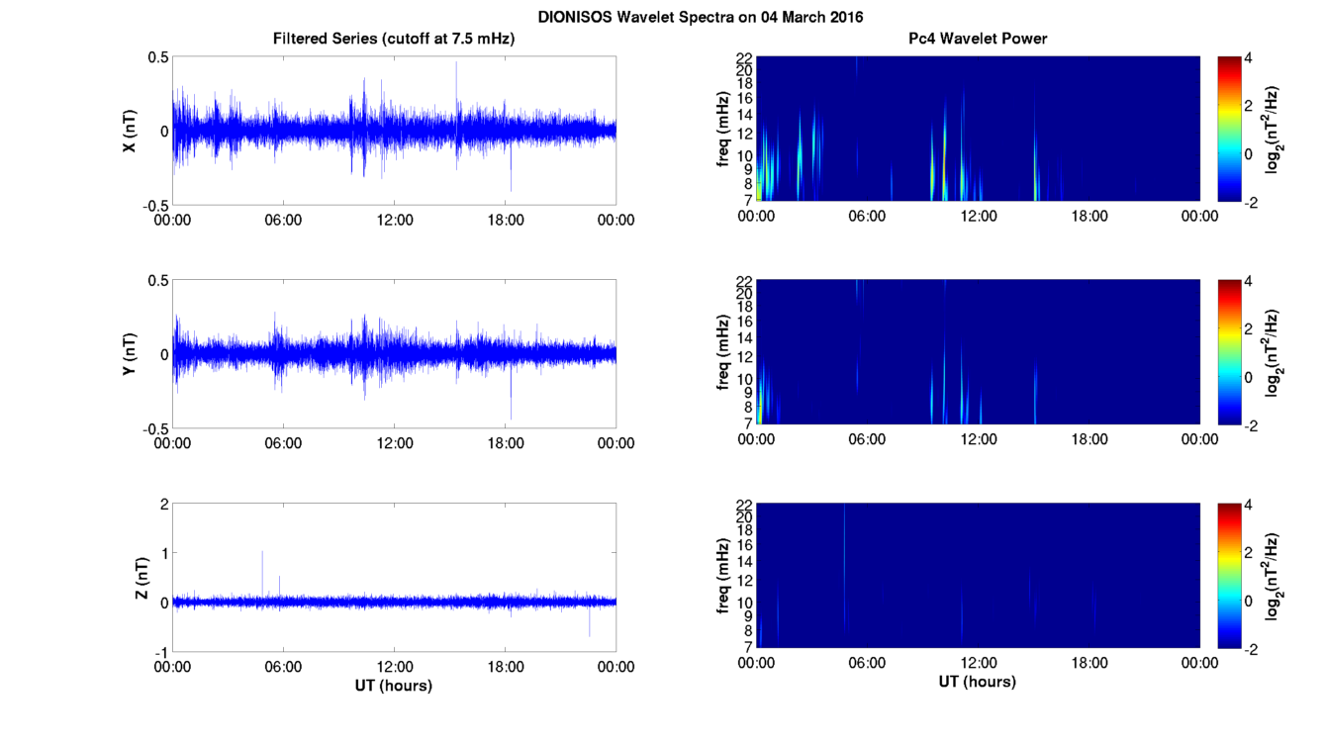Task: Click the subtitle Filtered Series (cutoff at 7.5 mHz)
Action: click(x=394, y=39)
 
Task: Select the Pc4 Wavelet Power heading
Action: click(x=978, y=39)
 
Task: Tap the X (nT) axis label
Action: click(x=129, y=130)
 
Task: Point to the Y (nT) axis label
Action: click(x=129, y=354)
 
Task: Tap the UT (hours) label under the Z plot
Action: click(x=394, y=685)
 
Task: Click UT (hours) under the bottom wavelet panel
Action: click(x=978, y=682)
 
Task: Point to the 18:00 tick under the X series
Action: click(x=506, y=220)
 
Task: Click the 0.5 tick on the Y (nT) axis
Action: click(x=156, y=281)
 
